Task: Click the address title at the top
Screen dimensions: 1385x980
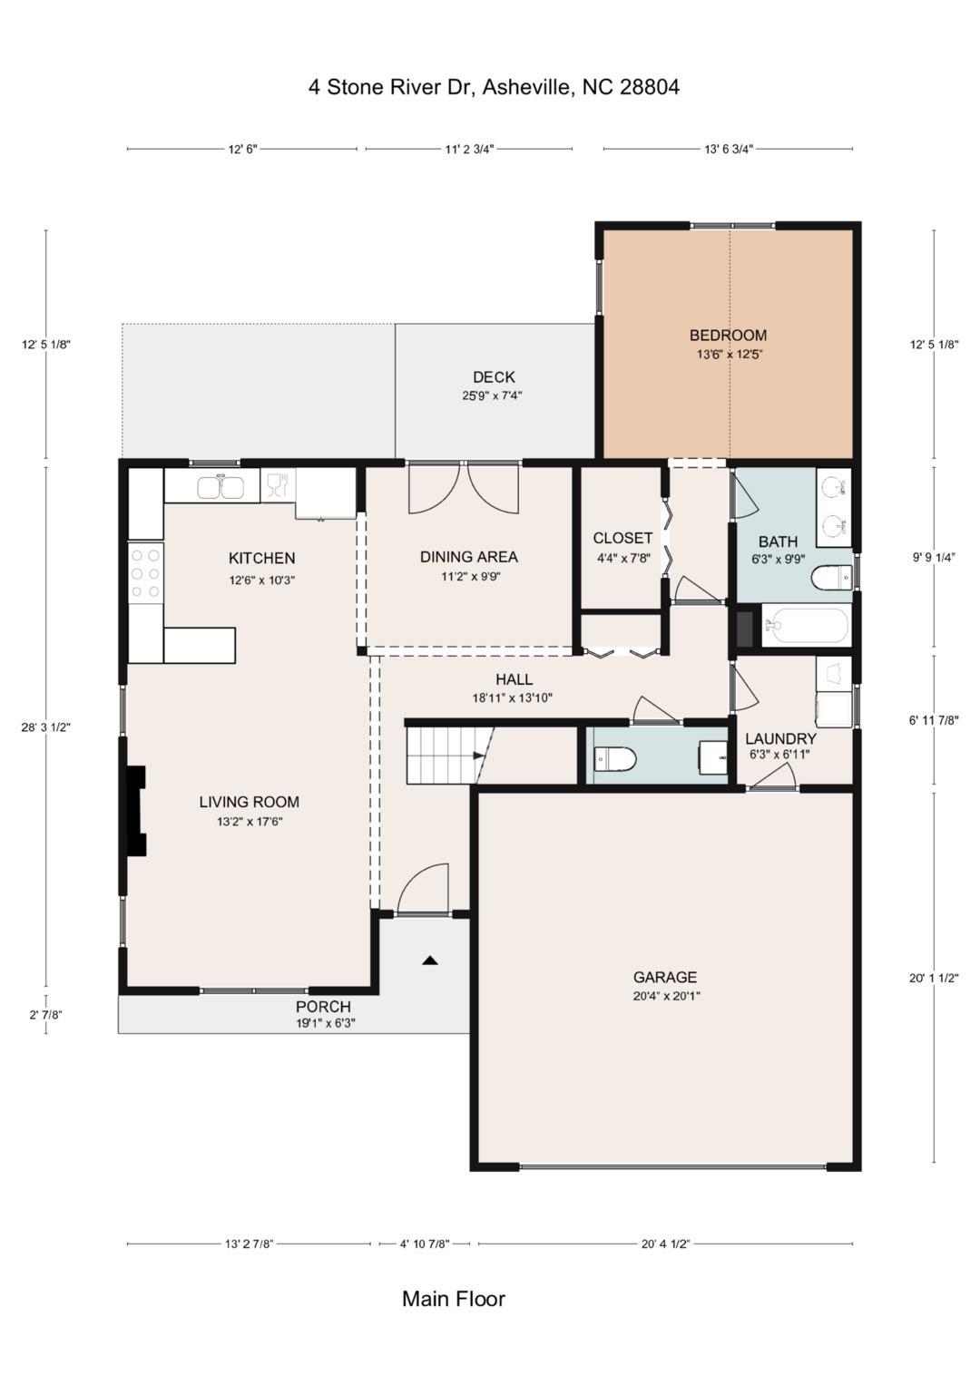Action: [494, 87]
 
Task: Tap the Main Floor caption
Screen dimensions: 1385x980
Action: [454, 1299]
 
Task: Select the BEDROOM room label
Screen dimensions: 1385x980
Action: [728, 336]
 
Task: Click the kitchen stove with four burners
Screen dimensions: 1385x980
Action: [145, 572]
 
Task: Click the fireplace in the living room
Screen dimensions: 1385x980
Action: [136, 810]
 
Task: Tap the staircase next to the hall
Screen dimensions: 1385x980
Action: [442, 755]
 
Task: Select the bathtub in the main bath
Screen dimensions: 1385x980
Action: [806, 625]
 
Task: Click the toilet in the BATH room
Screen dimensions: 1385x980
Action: [832, 577]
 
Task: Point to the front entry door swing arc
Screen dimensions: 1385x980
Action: [425, 889]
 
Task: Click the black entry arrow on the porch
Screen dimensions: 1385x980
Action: [430, 960]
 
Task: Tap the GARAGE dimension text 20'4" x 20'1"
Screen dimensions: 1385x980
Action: [666, 996]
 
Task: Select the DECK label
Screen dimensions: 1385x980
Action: [494, 377]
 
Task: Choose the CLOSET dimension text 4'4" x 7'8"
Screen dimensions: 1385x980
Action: [622, 558]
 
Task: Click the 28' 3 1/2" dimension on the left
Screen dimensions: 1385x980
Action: [46, 727]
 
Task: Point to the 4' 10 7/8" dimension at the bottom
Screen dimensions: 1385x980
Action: [425, 1244]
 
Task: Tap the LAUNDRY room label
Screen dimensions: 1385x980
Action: [780, 738]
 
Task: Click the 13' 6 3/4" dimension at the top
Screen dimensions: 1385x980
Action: [729, 150]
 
